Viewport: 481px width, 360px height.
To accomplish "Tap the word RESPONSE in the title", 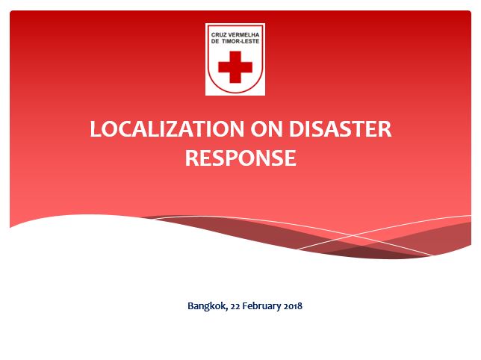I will [240, 158].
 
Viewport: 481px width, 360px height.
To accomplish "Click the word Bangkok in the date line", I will [205, 305].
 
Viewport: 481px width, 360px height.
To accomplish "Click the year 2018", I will [292, 305].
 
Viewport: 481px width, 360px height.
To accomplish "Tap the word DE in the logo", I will [217, 42].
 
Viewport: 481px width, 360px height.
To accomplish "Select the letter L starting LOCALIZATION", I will [95, 129].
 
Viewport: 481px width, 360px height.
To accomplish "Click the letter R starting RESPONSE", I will [191, 158].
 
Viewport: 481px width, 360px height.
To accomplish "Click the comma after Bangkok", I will [223, 308].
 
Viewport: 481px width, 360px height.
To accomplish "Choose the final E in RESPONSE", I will [290, 158].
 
